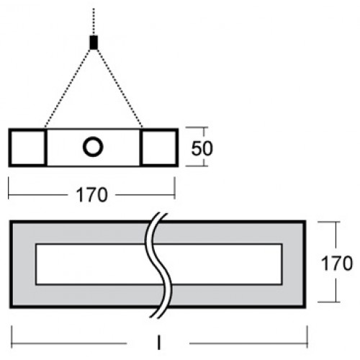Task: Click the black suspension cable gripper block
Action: [x=94, y=42]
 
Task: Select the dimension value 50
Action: [x=202, y=148]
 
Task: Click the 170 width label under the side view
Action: [x=91, y=195]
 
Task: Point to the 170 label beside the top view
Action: [x=336, y=264]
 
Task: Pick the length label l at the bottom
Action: [x=158, y=343]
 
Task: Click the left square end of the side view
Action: [x=27, y=148]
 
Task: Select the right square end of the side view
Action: [x=159, y=148]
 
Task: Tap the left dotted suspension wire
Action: [x=68, y=89]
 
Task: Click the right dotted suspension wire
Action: [x=120, y=89]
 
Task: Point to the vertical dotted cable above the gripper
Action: [x=94, y=22]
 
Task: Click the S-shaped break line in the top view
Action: [x=158, y=265]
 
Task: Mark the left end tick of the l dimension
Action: [x=12, y=337]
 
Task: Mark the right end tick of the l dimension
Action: [x=307, y=337]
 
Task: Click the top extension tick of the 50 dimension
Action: [x=197, y=127]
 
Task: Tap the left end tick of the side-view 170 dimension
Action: [x=9, y=188]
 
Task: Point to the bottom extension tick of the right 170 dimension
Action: [x=329, y=302]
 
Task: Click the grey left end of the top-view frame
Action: [x=24, y=264]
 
